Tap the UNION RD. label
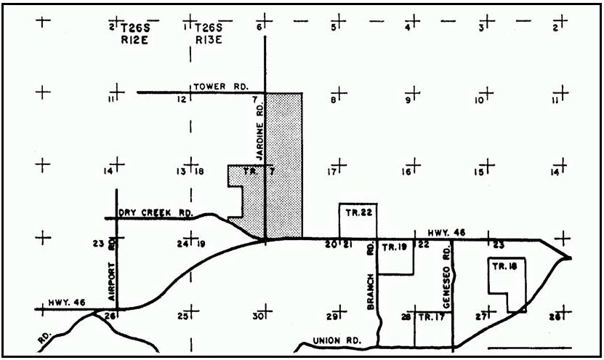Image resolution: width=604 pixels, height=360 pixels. [x=332, y=340]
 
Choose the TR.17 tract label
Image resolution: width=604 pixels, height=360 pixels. [x=430, y=317]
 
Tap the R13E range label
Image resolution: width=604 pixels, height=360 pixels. [x=207, y=41]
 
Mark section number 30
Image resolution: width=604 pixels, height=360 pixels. [x=257, y=317]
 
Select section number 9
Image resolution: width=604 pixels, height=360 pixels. [x=408, y=100]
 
